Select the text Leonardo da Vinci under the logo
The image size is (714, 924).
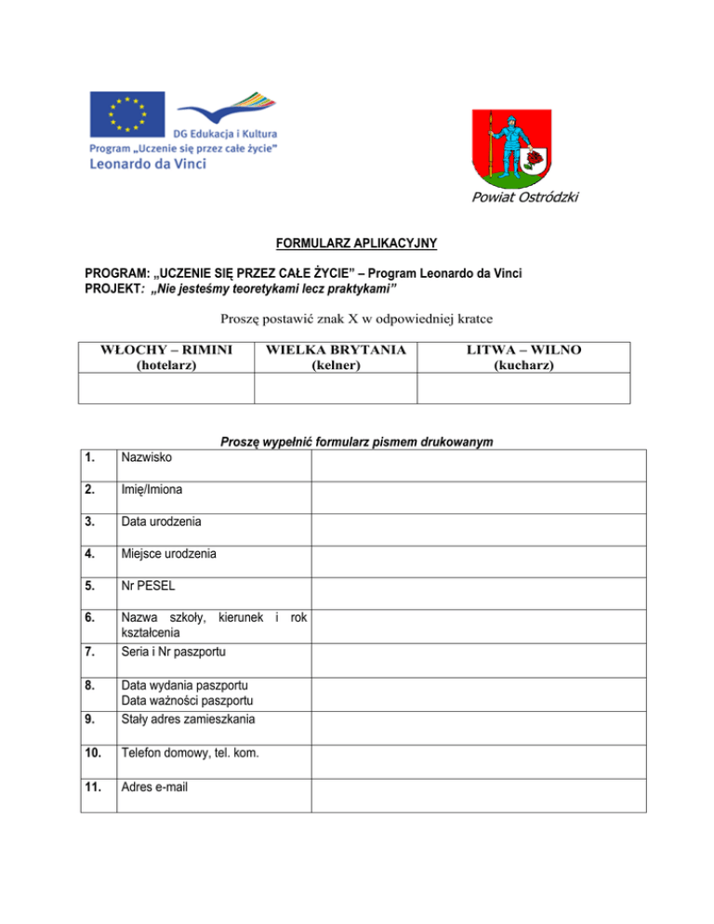pyautogui.click(x=148, y=164)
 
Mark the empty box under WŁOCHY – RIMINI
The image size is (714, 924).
pyautogui.click(x=166, y=388)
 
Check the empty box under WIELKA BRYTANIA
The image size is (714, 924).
pyautogui.click(x=336, y=388)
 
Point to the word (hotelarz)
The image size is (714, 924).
pyautogui.click(x=166, y=366)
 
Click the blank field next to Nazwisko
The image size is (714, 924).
pyautogui.click(x=478, y=465)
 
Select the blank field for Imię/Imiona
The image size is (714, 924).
pyautogui.click(x=478, y=497)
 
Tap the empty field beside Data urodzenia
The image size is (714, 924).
pyautogui.click(x=478, y=530)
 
